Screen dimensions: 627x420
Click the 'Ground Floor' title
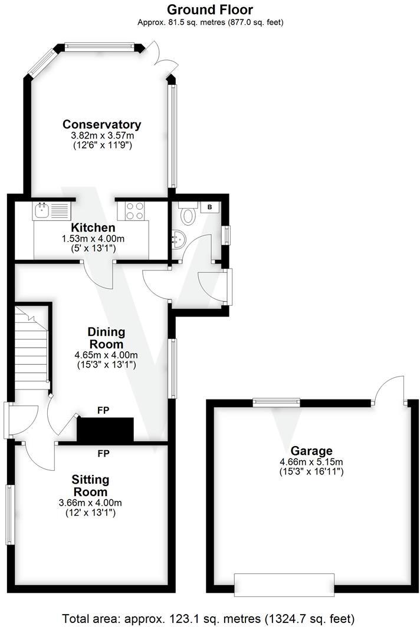(210, 9)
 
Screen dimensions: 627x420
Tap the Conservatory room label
(102, 124)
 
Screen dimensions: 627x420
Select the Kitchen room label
(93, 227)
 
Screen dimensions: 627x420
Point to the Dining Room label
(106, 338)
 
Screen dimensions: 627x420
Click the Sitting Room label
(90, 485)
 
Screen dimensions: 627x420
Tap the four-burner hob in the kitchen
(134, 210)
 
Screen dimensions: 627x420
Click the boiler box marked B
(210, 207)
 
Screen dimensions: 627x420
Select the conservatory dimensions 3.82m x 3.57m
(102, 135)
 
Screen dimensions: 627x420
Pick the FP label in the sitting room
(104, 453)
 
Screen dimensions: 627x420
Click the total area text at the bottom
(209, 619)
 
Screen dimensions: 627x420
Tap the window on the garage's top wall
(276, 402)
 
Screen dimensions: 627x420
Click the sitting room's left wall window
(9, 514)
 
